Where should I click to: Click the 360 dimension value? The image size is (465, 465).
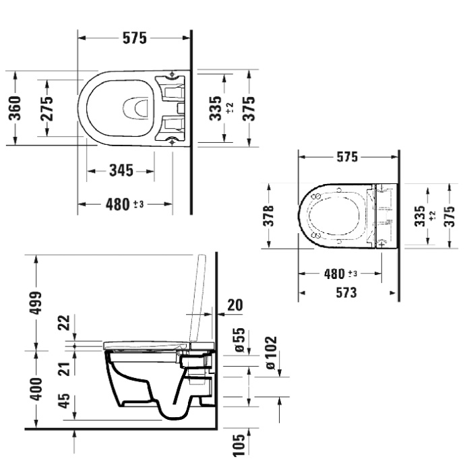click(14, 108)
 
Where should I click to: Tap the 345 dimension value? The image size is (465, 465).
click(121, 170)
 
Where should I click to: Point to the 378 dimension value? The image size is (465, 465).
click(268, 216)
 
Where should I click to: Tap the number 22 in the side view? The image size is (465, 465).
click(64, 323)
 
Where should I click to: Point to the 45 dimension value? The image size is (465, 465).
click(64, 402)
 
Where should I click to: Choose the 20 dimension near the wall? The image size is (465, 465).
click(235, 305)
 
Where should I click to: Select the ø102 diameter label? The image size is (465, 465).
click(270, 352)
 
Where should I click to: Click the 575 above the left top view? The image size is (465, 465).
click(133, 38)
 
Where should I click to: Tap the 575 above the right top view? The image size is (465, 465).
click(346, 157)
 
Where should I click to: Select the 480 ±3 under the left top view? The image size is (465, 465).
click(125, 204)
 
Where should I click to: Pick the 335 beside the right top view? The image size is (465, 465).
click(421, 217)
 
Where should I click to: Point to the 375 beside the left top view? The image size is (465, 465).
click(249, 108)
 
